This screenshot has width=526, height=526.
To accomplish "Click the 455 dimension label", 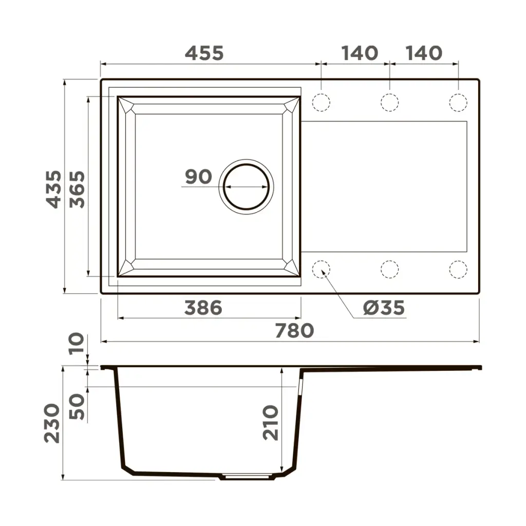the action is tap(204, 53).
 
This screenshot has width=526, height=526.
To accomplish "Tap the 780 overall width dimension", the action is tap(294, 331).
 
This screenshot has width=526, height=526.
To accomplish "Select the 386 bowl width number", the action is tap(203, 308).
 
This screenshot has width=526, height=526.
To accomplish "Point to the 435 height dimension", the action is tap(53, 190).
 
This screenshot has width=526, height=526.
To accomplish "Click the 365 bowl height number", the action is tap(77, 190).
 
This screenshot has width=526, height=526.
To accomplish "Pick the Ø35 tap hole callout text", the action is tap(384, 308).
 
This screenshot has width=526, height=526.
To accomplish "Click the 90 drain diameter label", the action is tap(199, 177).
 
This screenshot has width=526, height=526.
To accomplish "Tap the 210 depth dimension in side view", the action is tap(270, 423).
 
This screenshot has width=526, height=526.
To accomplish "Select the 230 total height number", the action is tap(52, 423).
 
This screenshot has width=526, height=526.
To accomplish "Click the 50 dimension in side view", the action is tap(77, 407).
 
